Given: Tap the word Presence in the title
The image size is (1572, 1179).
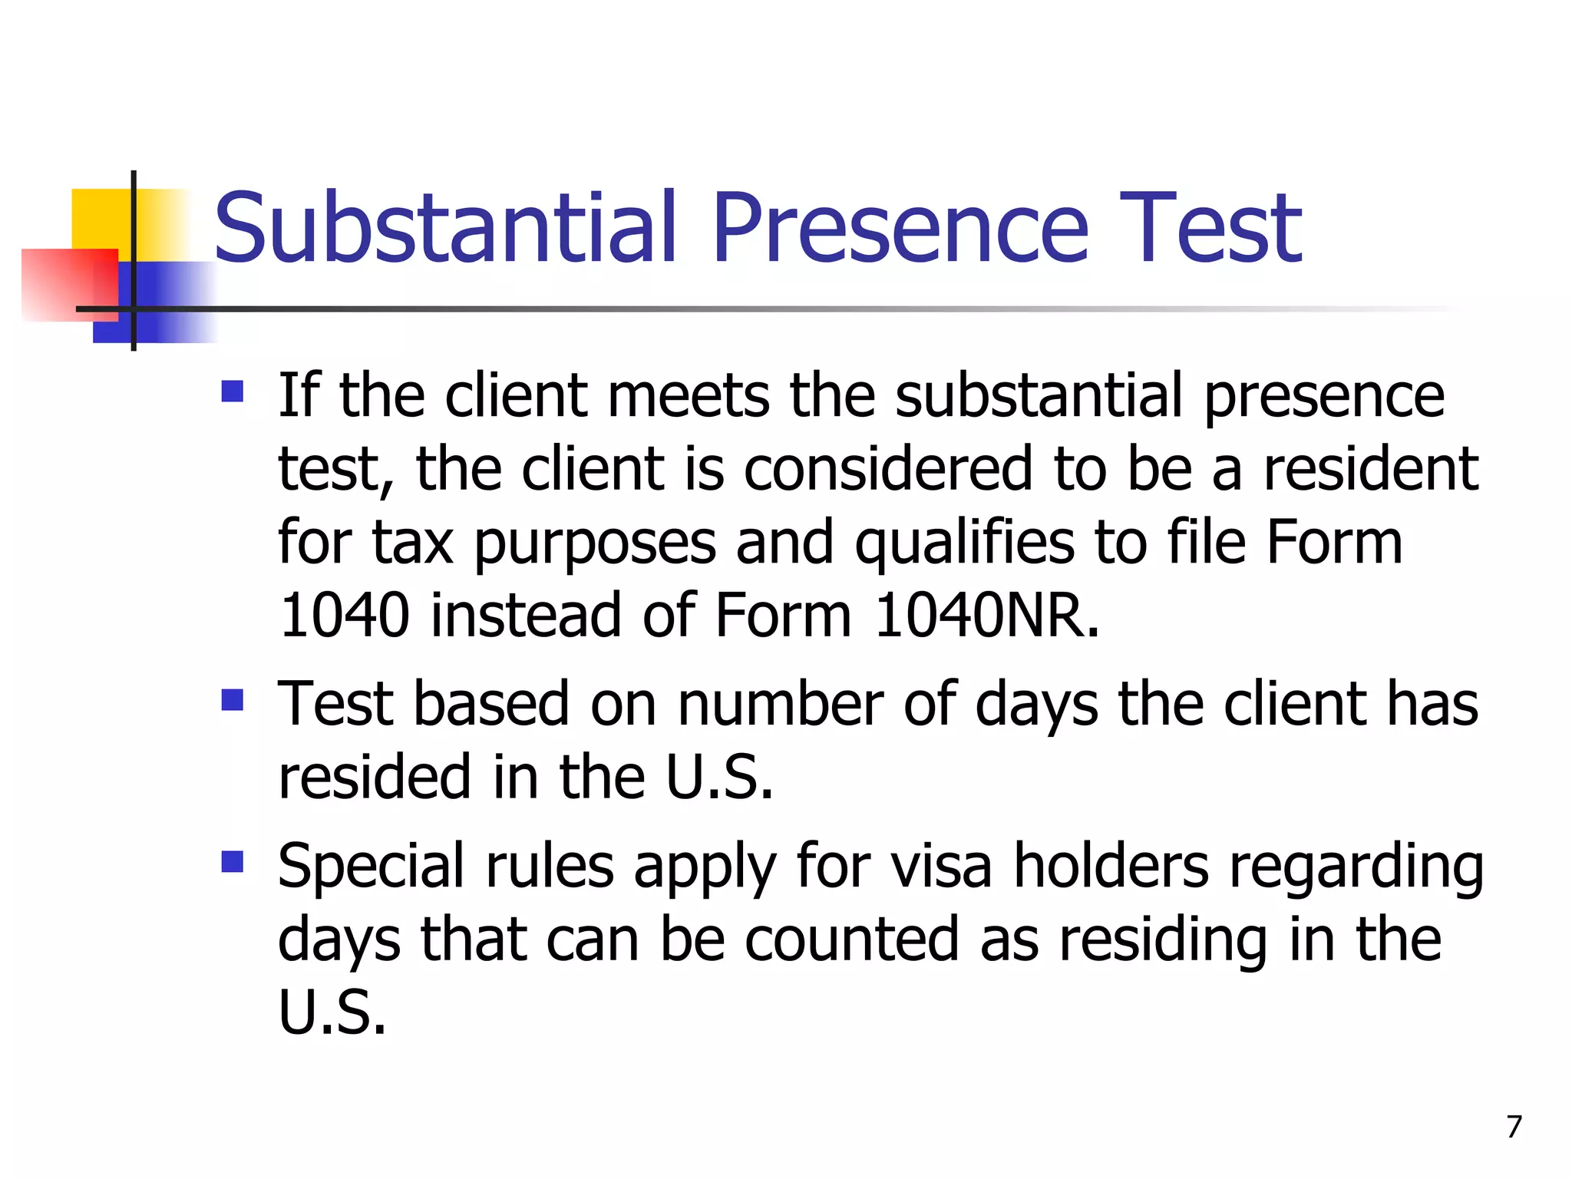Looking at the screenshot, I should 900,228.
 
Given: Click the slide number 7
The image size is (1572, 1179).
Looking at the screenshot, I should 1514,1127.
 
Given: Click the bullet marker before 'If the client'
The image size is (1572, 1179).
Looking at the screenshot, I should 232,392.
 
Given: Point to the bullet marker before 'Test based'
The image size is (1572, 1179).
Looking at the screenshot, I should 232,700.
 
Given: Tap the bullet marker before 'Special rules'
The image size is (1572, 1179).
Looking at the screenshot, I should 232,862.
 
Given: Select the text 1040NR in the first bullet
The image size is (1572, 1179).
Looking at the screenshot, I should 986,616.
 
